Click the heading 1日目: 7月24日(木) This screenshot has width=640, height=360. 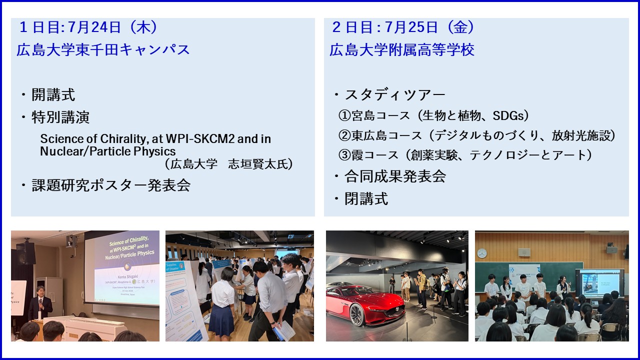tap(88, 27)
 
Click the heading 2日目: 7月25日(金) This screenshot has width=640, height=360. tap(403, 27)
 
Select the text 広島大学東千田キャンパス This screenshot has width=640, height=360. tap(103, 49)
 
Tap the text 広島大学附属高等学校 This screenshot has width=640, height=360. tap(402, 49)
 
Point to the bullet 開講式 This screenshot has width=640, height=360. tap(53, 94)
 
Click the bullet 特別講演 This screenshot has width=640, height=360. tap(60, 117)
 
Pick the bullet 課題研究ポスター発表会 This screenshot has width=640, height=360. tap(111, 185)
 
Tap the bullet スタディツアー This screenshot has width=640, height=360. tap(395, 94)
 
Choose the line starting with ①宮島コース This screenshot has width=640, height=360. tap(433, 115)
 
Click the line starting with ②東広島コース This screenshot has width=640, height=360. tap(477, 135)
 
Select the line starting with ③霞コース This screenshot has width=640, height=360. tap(465, 155)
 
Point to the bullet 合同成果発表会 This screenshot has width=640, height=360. tap(395, 176)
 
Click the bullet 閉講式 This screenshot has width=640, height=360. tap(366, 199)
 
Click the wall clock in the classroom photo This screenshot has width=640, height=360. tap(482, 253)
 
